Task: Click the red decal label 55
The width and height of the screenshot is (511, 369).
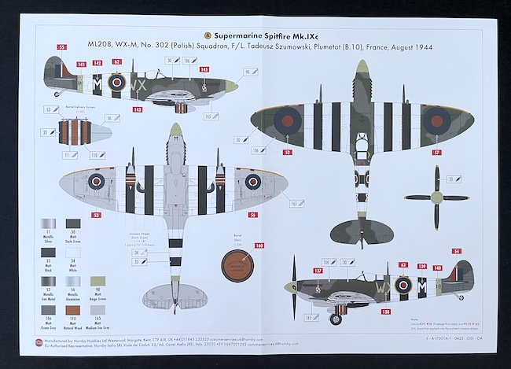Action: [x=62, y=47]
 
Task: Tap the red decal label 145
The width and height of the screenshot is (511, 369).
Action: [x=204, y=70]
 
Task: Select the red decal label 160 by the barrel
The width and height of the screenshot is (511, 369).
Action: [x=259, y=245]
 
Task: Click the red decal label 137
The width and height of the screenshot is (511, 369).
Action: [x=318, y=271]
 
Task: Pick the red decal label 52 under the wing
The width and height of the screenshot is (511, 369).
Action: [x=287, y=152]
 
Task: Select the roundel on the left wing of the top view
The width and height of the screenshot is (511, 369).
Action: [x=288, y=119]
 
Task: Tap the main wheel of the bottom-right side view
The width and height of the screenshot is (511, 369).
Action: [x=339, y=319]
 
